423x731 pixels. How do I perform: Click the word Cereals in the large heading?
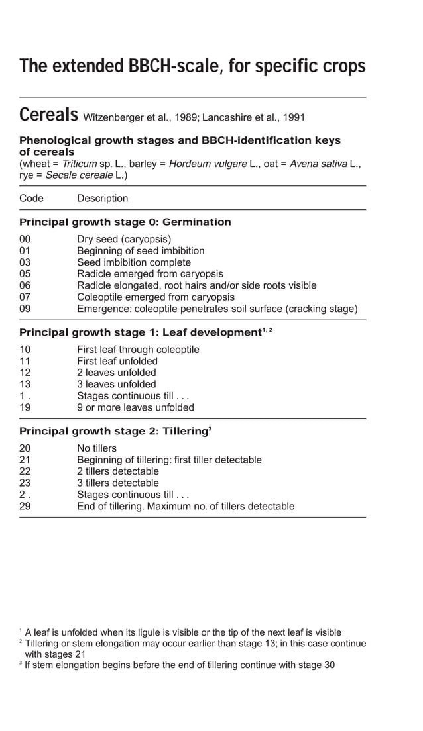tap(49, 115)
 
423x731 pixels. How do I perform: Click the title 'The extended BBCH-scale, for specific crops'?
tap(192, 66)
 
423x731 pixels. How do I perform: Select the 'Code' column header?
tap(31, 198)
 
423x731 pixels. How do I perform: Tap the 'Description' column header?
tap(103, 198)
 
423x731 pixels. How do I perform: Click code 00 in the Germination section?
tap(25, 239)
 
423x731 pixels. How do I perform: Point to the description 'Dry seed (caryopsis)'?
tap(124, 239)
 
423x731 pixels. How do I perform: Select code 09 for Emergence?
tap(25, 309)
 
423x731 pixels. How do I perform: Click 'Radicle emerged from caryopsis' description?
tap(150, 273)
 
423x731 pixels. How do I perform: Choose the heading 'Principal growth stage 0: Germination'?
tap(125, 222)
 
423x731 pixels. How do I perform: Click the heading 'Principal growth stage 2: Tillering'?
tap(113, 431)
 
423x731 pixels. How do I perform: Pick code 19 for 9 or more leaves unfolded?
tap(25, 407)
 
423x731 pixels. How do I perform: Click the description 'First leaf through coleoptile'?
tap(138, 350)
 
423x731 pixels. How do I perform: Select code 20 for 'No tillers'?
tap(25, 448)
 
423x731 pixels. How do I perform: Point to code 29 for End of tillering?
tap(25, 506)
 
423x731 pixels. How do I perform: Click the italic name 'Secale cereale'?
tap(81, 175)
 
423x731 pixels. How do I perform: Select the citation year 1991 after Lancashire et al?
tap(294, 118)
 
